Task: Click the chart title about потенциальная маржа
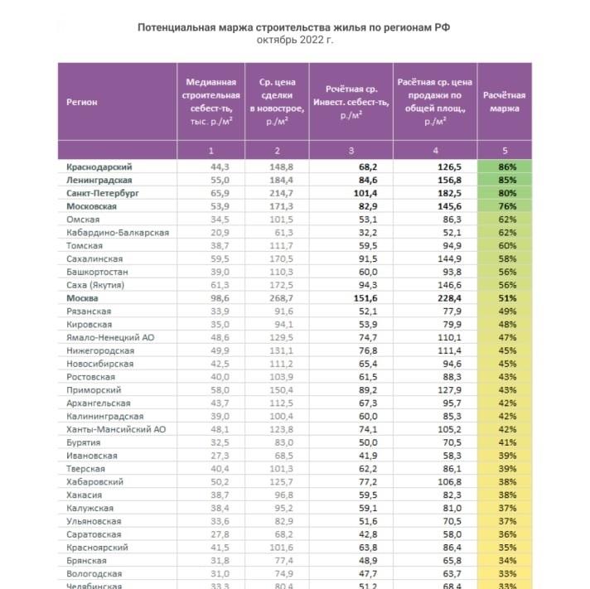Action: [x=294, y=27]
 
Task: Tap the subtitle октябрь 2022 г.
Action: [x=294, y=39]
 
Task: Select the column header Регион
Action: [x=82, y=102]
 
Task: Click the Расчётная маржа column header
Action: [x=504, y=102]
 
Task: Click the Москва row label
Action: [x=82, y=297]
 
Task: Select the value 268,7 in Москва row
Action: [x=278, y=297]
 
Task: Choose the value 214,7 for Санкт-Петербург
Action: [x=278, y=193]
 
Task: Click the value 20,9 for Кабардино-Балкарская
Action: [x=215, y=232]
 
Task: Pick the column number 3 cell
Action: [x=351, y=151]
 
